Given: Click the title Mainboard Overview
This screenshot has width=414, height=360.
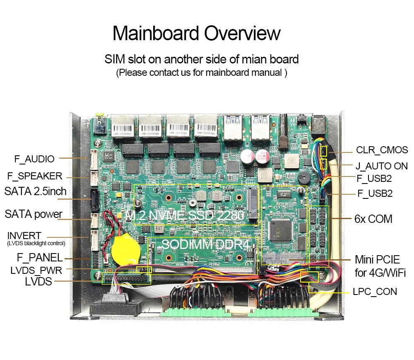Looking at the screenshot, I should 197,33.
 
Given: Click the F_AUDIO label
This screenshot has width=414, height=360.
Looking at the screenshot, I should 34,159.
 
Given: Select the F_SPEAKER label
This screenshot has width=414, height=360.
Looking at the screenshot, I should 35,176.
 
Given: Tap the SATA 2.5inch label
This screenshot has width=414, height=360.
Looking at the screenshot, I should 35,192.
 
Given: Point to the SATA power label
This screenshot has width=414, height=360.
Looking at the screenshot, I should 34,214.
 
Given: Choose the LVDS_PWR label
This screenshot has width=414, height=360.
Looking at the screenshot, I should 36,271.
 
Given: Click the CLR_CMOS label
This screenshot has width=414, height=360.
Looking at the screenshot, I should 382,150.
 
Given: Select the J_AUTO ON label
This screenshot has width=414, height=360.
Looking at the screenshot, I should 381,166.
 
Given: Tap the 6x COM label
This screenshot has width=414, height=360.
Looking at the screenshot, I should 373,219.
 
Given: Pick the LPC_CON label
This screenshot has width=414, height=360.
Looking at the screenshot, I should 375,292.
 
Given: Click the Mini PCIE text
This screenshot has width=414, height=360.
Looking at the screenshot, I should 377,260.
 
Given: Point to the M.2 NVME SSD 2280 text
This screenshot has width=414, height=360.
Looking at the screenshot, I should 185,215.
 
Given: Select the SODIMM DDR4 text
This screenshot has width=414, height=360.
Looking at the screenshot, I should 206,244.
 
